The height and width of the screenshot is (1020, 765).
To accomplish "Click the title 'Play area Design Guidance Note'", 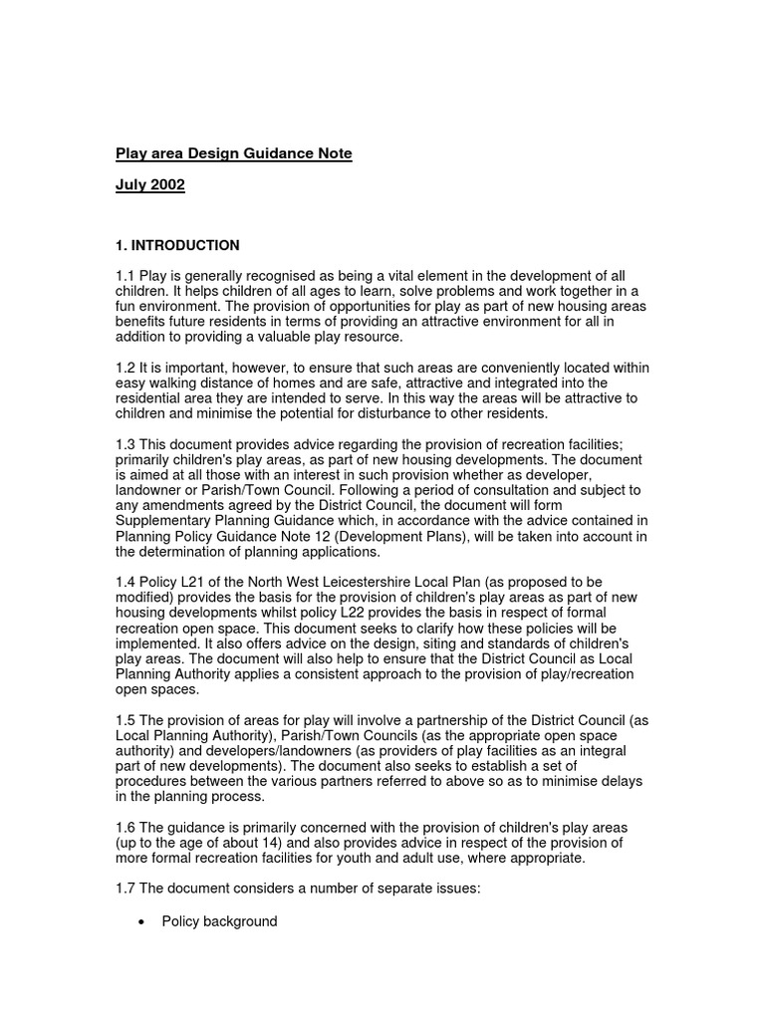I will [x=234, y=154].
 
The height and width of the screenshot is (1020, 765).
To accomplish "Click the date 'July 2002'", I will [x=150, y=185].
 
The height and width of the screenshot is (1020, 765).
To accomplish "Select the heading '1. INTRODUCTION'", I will [x=178, y=246].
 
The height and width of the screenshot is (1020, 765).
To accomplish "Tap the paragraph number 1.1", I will [x=126, y=276].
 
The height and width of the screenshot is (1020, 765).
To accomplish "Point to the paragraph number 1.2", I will [x=126, y=369].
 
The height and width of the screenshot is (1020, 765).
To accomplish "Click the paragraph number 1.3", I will [x=126, y=444].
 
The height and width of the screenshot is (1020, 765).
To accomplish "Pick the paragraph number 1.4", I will [x=126, y=582].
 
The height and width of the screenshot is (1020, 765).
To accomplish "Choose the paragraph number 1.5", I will [x=126, y=719].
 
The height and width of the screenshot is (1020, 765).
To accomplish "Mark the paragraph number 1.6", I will [x=126, y=827].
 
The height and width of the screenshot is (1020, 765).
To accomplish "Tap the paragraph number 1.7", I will [x=126, y=889].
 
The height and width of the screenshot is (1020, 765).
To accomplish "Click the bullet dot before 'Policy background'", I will [x=140, y=922].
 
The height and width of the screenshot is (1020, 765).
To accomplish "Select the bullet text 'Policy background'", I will [x=219, y=922].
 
